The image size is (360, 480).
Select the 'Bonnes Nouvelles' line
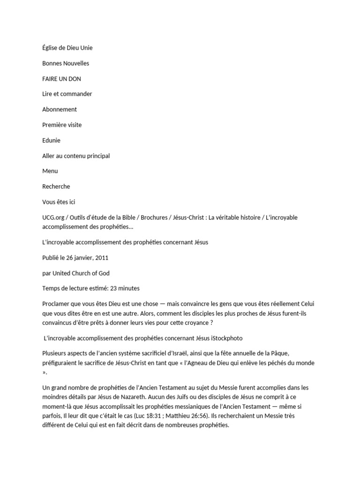pyautogui.click(x=66, y=63)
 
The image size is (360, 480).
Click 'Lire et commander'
pyautogui.click(x=67, y=94)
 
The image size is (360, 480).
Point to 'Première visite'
pyautogui.click(x=62, y=125)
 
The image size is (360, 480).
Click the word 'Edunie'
pyautogui.click(x=51, y=140)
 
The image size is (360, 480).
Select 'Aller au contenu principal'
pyautogui.click(x=76, y=156)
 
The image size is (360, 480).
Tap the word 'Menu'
pyautogui.click(x=50, y=171)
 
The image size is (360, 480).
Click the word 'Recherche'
pyautogui.click(x=56, y=187)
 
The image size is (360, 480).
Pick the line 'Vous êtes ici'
pyautogui.click(x=59, y=202)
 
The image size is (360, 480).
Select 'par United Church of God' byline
pyautogui.click(x=76, y=273)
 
